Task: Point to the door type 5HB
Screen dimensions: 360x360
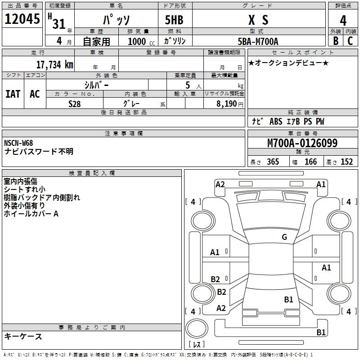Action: click(x=173, y=20)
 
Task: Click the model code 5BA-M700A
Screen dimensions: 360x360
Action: click(x=258, y=41)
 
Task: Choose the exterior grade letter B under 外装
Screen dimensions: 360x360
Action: click(x=336, y=41)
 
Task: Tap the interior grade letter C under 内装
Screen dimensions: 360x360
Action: click(x=350, y=41)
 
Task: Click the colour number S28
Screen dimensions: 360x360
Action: click(x=74, y=103)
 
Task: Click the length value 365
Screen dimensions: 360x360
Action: click(x=272, y=162)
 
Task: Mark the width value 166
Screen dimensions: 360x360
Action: click(x=310, y=162)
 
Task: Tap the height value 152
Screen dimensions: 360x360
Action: click(x=346, y=162)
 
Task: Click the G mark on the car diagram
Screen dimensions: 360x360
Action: click(x=284, y=237)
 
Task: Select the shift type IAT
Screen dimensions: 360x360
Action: click(x=13, y=94)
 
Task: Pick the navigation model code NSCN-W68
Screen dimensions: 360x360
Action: click(x=18, y=143)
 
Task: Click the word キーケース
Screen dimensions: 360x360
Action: click(x=23, y=336)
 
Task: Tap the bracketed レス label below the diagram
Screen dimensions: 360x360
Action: click(x=197, y=345)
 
